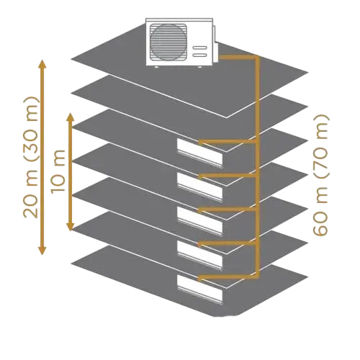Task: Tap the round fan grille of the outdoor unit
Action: [168, 42]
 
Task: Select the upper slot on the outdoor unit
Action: [200, 48]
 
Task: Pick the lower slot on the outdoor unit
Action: [200, 55]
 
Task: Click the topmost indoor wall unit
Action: [199, 153]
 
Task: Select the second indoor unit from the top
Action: [199, 187]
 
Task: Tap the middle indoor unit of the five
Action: [199, 221]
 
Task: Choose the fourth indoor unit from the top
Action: [199, 256]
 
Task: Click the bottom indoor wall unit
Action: [199, 289]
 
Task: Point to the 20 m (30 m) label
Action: [31, 157]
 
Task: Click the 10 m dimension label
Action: [58, 171]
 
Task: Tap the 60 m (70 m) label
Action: [320, 175]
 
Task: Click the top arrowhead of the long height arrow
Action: [42, 64]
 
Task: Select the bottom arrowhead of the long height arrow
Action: [42, 250]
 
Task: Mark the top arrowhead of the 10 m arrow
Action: [70, 117]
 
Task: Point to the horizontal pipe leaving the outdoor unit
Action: [238, 58]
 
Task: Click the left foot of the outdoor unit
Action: [156, 67]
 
